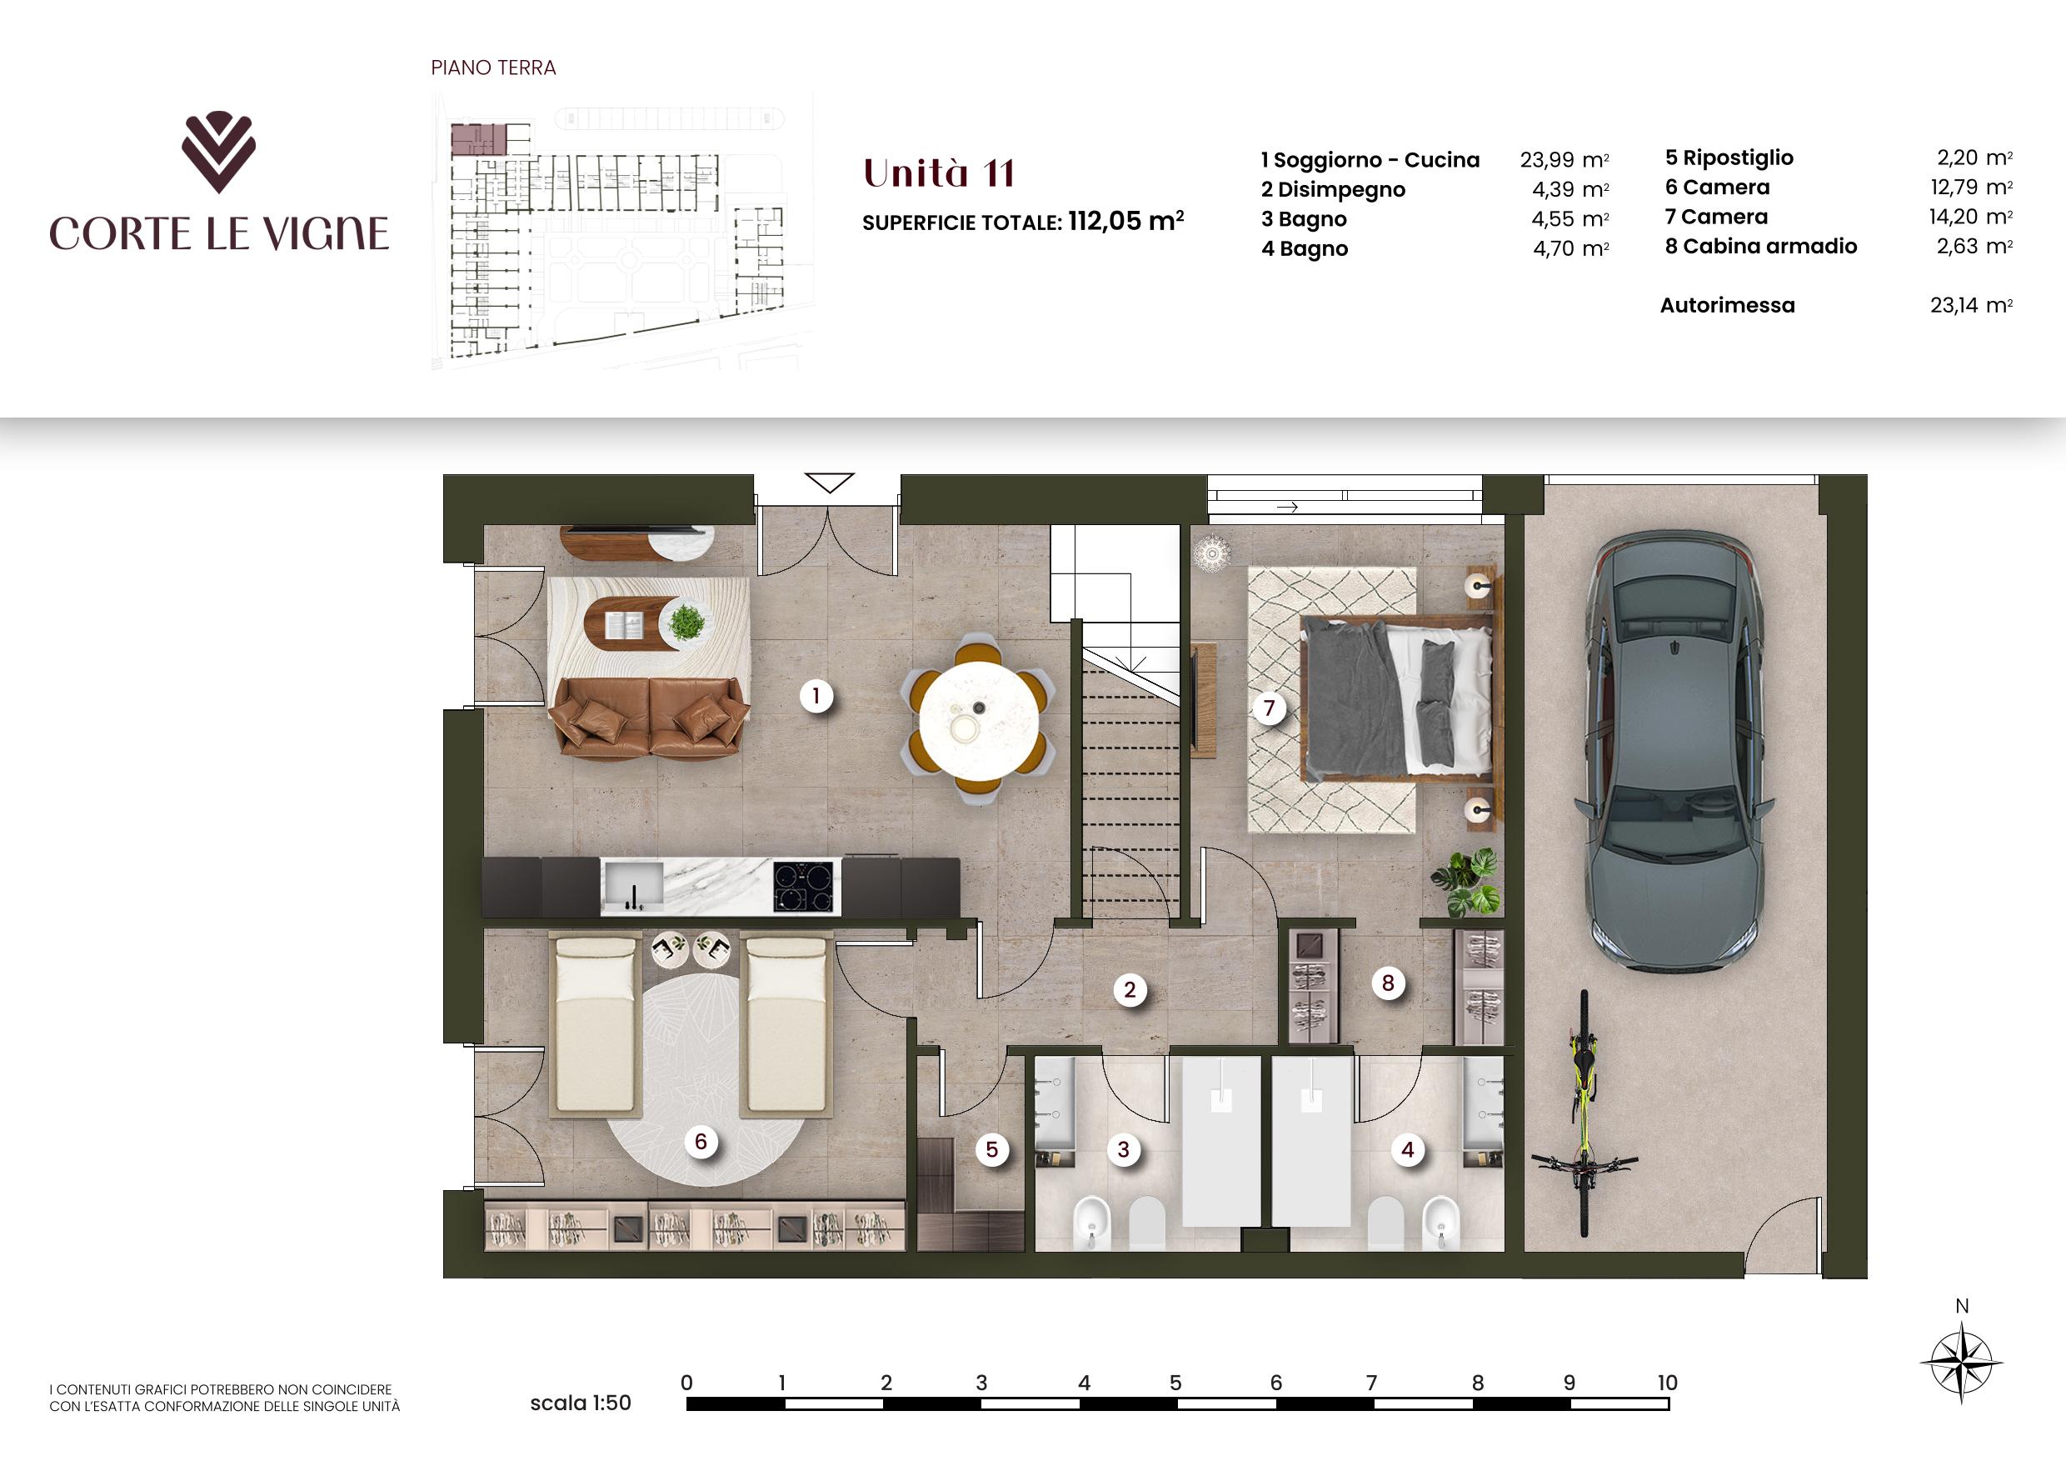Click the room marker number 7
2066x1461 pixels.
(1269, 708)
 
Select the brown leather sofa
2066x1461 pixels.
(650, 717)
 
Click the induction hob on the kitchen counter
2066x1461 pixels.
(805, 887)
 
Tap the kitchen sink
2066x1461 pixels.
(632, 887)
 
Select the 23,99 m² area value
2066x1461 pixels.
(1564, 160)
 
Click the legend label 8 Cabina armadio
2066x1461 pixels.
(1761, 246)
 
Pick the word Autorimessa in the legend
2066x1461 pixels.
(1727, 305)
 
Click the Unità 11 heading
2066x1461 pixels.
(939, 173)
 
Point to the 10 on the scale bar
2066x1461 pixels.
(1666, 1383)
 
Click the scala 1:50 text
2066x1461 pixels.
(581, 1403)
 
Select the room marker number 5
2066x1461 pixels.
(991, 1149)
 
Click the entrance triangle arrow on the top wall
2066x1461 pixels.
(830, 483)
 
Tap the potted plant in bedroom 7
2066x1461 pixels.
(1466, 881)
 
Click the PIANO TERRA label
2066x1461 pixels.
(493, 68)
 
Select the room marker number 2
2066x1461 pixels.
(1130, 991)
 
